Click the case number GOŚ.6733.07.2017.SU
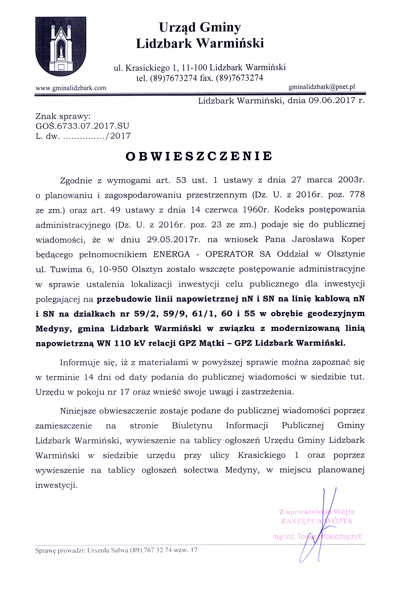(x=82, y=126)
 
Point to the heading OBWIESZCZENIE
(x=199, y=156)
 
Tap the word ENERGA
(x=172, y=254)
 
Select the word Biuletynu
(x=192, y=425)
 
